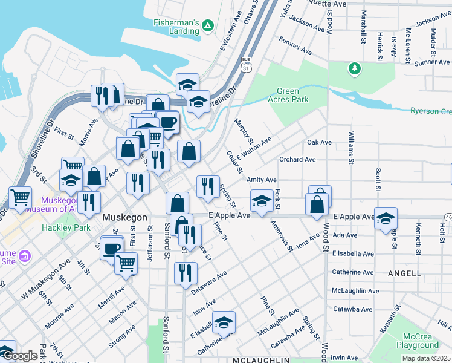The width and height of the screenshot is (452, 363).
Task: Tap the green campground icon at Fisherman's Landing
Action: point(207,25)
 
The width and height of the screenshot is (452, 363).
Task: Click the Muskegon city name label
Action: point(125,217)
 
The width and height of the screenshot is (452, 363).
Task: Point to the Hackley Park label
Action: point(66,227)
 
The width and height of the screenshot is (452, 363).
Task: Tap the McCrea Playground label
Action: point(418,341)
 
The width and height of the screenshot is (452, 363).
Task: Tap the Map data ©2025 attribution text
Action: point(426,358)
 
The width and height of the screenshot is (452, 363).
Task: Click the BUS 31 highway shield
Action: point(245,64)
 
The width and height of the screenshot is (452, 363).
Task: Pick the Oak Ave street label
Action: point(319,142)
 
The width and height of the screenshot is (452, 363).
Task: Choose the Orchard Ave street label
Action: point(297,160)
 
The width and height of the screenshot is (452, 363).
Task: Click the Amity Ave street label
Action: point(261,180)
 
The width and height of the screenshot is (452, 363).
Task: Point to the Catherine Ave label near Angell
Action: point(352,272)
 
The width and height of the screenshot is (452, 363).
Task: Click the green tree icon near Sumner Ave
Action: point(355,68)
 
